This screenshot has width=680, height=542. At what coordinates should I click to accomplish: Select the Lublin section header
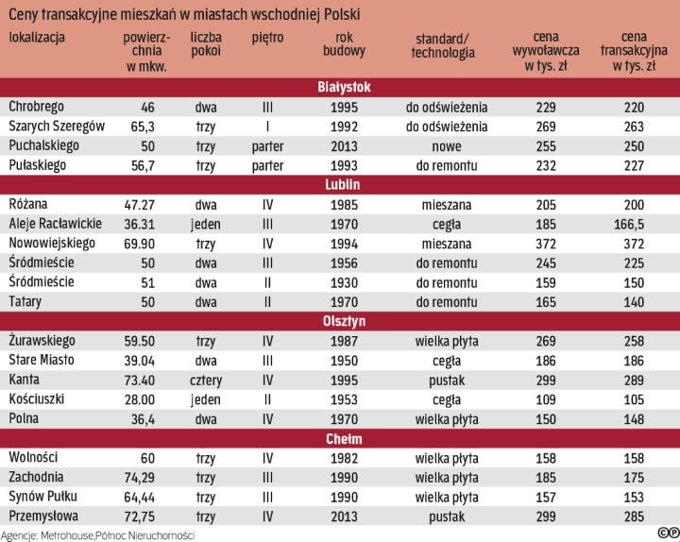[x=342, y=183]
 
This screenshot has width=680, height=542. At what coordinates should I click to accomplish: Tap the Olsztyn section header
[x=342, y=320]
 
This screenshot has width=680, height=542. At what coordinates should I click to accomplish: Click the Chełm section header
[x=342, y=438]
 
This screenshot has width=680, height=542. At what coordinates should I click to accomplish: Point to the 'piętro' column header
[x=266, y=37]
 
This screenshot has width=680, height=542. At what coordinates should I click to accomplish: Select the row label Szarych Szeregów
[x=56, y=126]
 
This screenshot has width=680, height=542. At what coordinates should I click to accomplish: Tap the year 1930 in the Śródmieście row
[x=345, y=281]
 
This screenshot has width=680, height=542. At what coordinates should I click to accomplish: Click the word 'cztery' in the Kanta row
[x=206, y=379]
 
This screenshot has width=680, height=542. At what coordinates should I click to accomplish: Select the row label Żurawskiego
[x=42, y=339]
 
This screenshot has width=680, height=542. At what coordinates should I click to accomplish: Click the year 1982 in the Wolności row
[x=345, y=457]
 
